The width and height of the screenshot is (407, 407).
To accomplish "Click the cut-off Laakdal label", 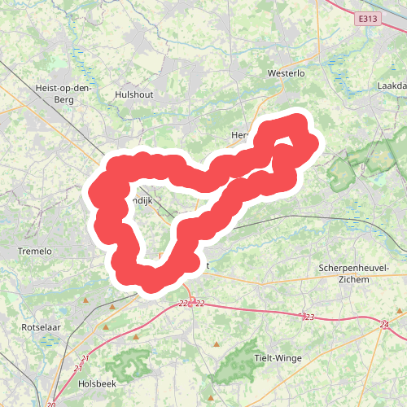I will pyautogui.click(x=392, y=85).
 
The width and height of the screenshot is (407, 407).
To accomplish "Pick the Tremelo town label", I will pyautogui.click(x=35, y=252).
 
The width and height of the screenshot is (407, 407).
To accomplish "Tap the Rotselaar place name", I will pyautogui.click(x=42, y=326).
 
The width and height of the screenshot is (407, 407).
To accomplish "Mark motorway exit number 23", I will pyautogui.click(x=308, y=317).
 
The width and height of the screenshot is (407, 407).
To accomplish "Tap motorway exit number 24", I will pyautogui.click(x=383, y=325).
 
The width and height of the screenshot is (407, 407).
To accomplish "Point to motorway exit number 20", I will pyautogui.click(x=52, y=405).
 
